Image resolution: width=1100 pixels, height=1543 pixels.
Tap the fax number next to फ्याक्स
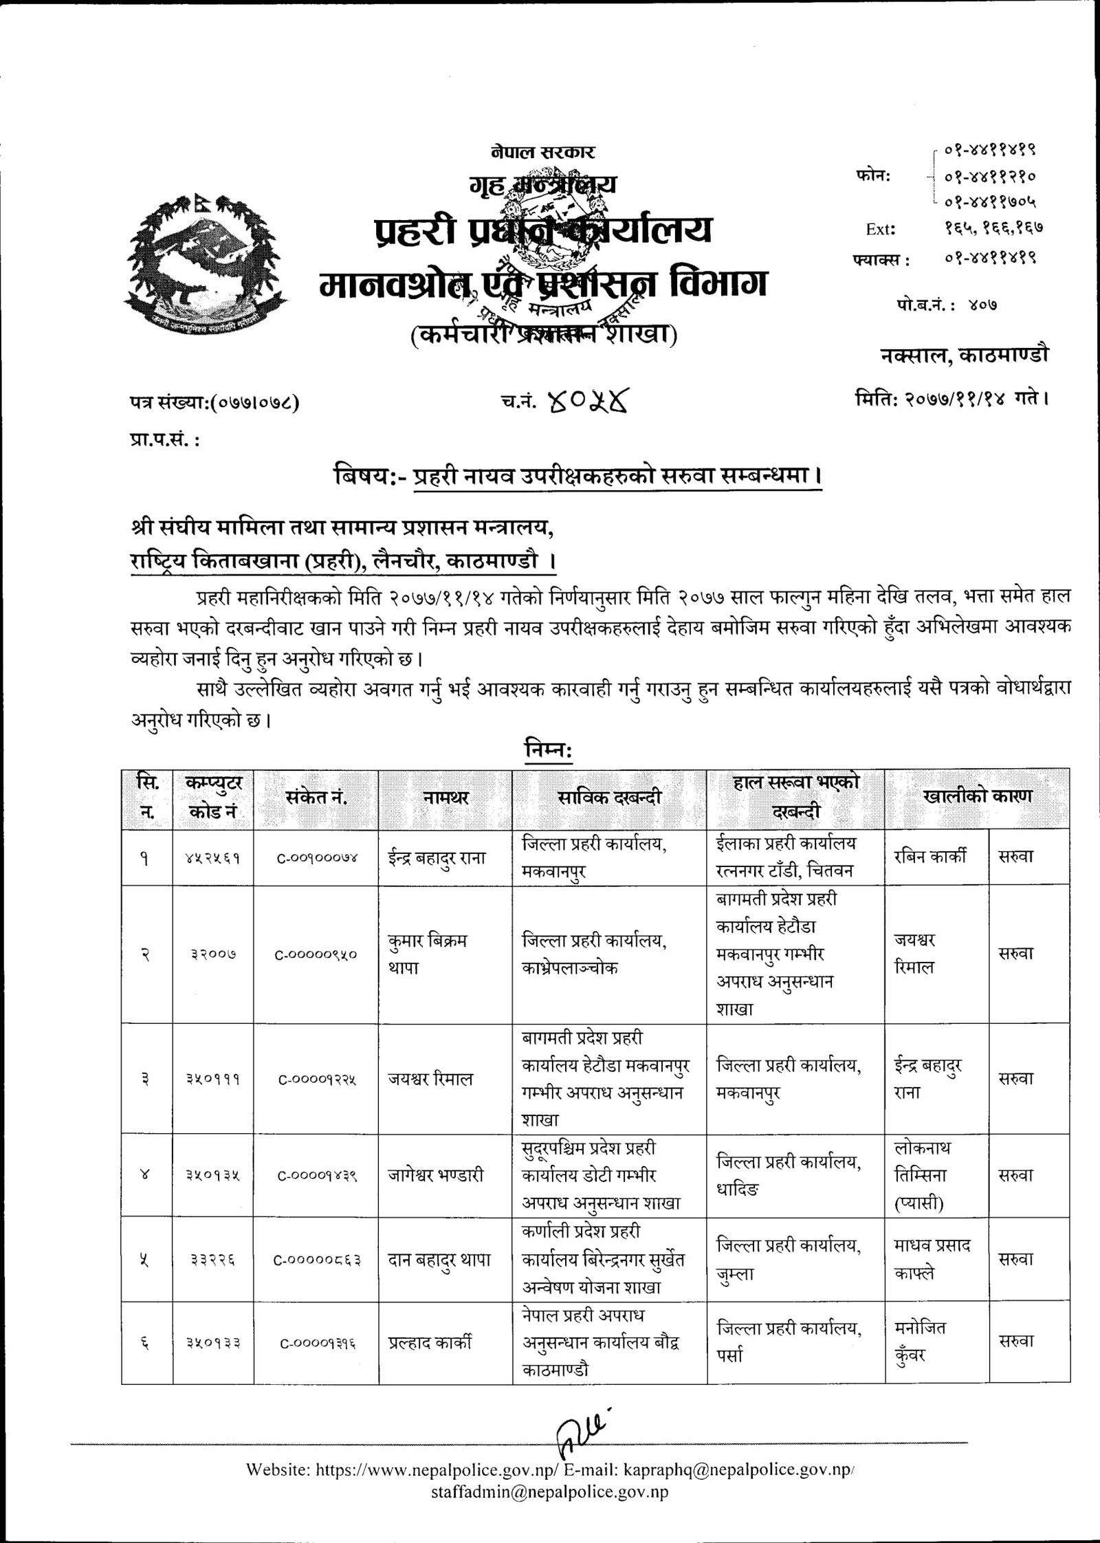990,259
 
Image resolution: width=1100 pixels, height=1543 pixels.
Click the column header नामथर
445,798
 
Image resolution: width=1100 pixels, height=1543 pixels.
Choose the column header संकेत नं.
316,798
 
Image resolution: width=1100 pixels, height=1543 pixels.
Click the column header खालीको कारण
977,796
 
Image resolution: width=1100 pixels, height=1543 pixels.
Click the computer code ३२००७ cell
213,954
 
